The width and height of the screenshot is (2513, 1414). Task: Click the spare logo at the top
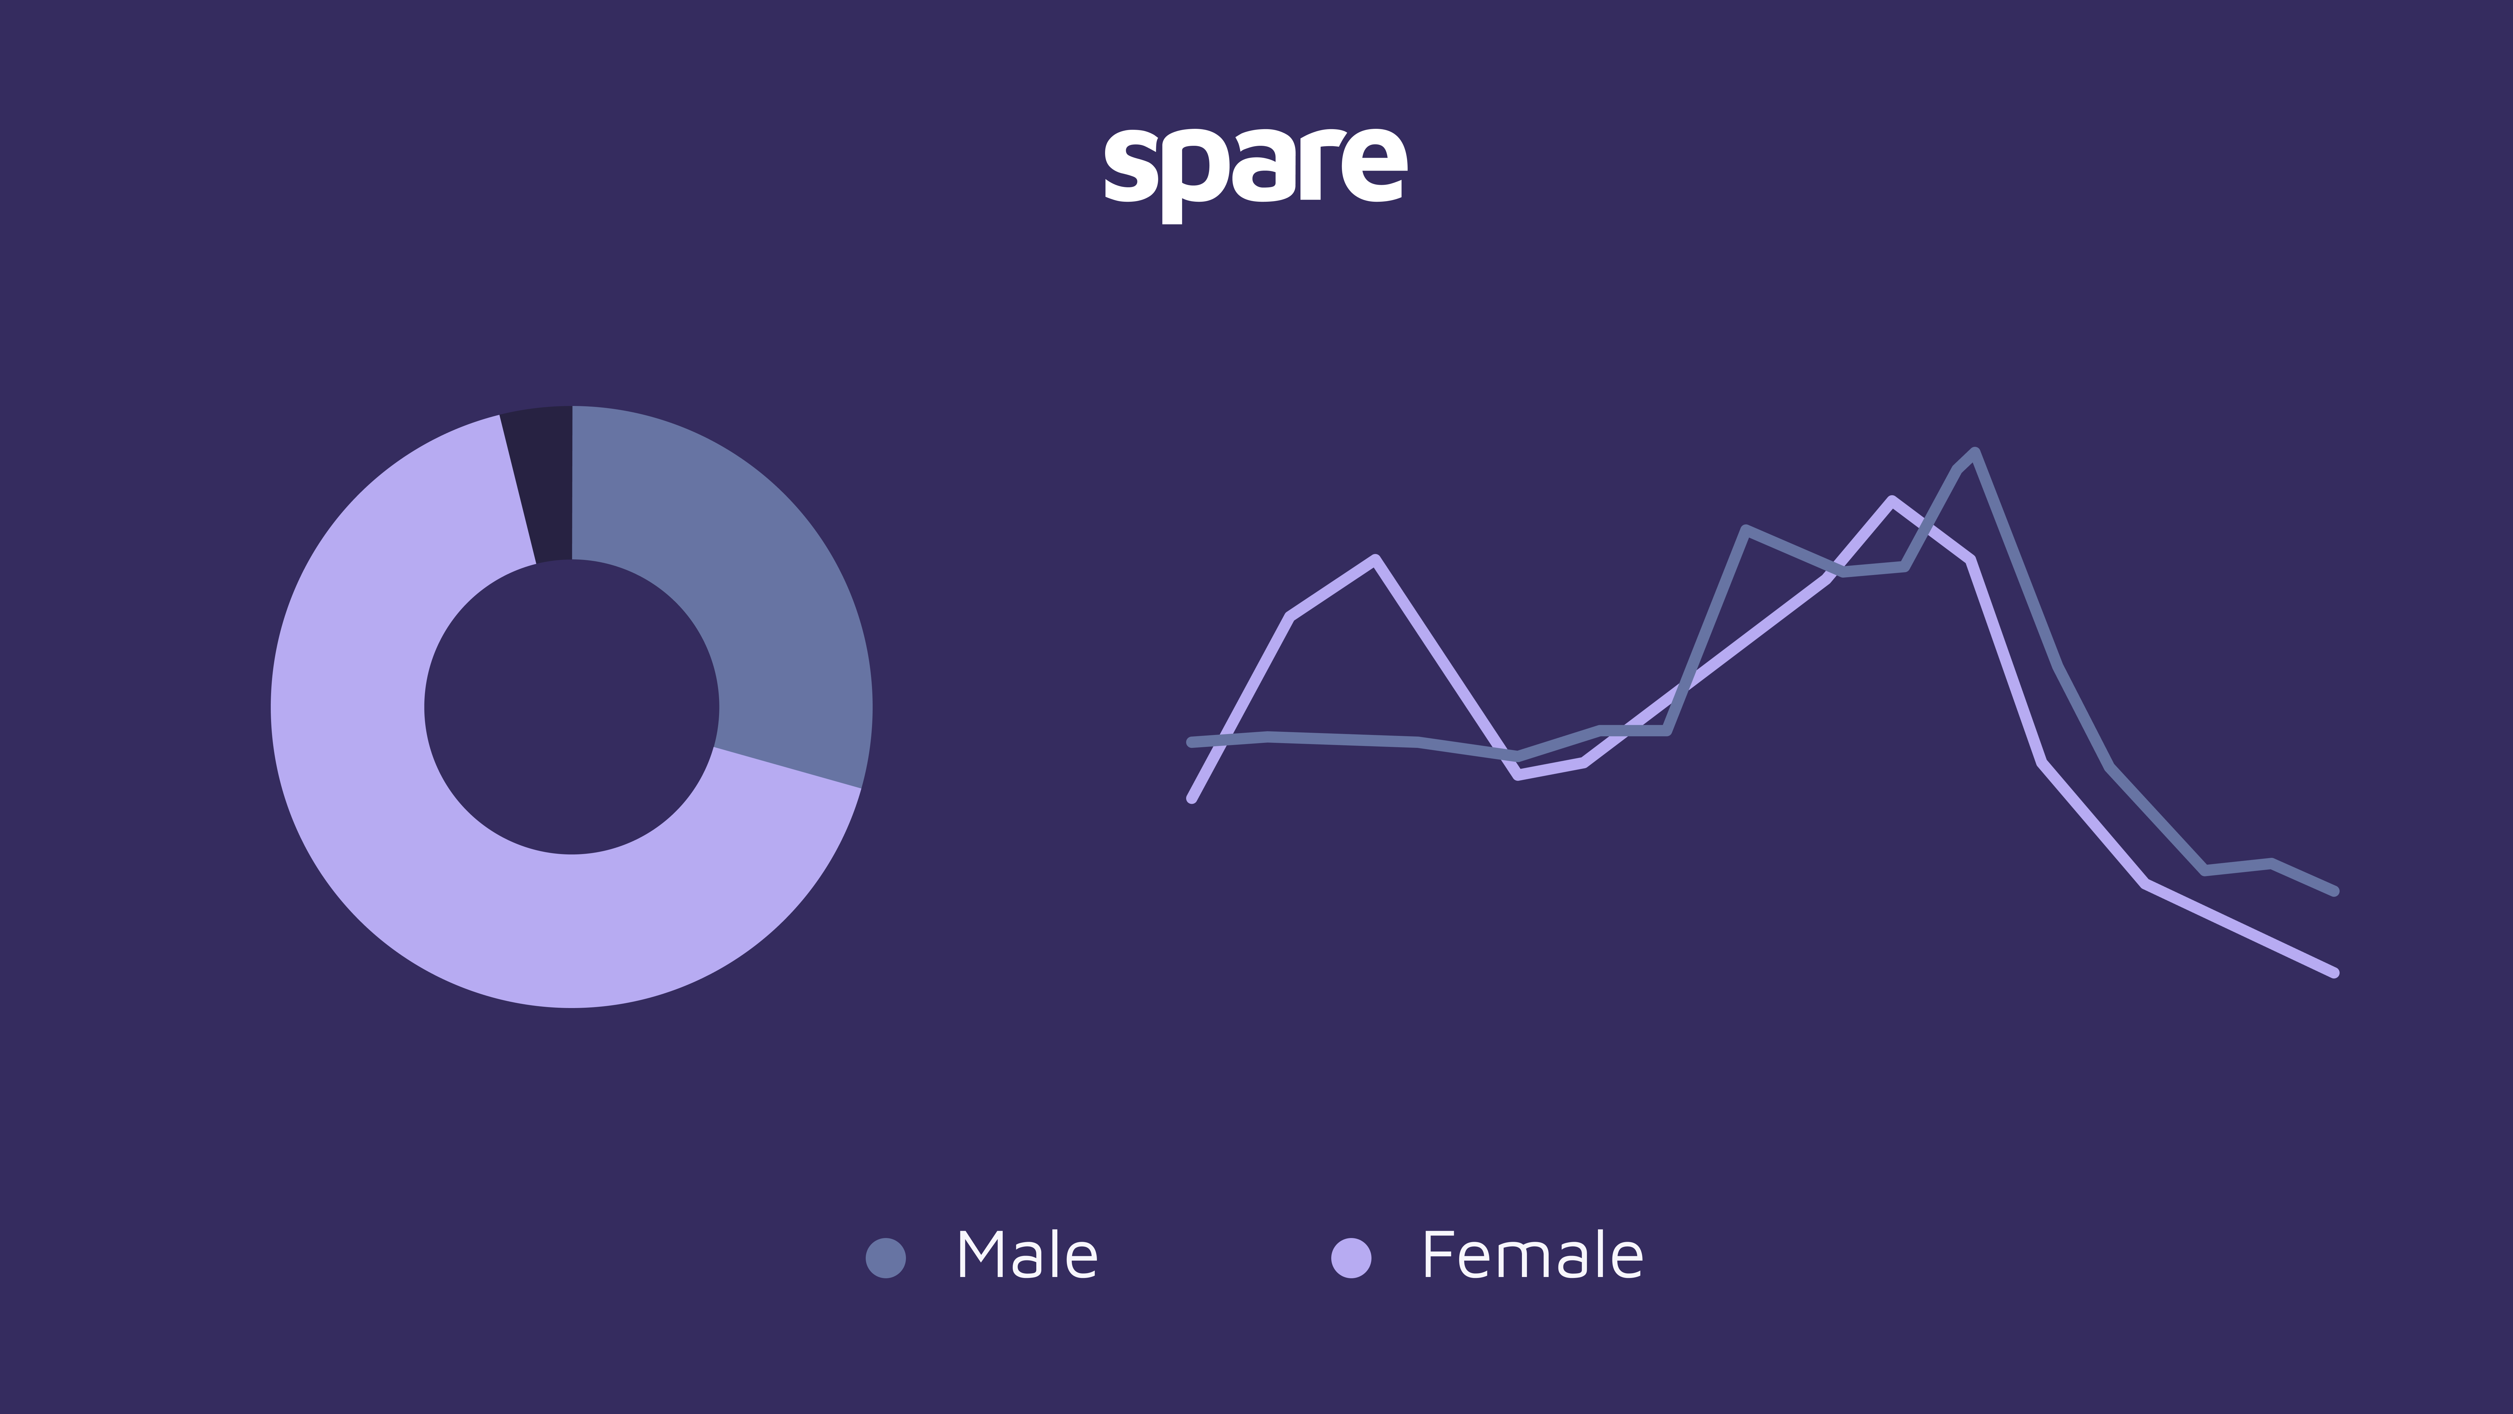tap(1256, 174)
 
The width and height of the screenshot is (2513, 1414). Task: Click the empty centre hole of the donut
tap(572, 706)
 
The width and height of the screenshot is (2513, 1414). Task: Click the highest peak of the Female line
tap(1893, 501)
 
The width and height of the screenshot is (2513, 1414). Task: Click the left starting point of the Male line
tap(1191, 742)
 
